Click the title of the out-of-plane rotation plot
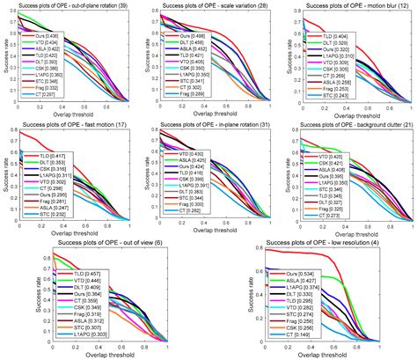[x=72, y=5]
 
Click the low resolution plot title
[x=318, y=243]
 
